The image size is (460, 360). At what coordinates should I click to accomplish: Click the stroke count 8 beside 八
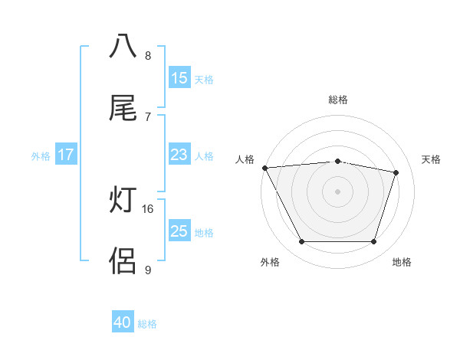148,55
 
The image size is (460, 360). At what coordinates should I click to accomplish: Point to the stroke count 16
149,208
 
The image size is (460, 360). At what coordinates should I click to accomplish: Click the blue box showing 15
179,78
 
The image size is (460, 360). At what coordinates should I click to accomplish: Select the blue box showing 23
179,155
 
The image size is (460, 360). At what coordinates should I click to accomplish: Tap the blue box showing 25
179,231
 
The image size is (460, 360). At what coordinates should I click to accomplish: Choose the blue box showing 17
66,155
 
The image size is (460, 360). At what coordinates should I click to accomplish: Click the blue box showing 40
123,323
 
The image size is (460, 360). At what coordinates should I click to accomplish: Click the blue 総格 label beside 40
147,324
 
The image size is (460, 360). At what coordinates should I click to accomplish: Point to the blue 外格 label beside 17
41,155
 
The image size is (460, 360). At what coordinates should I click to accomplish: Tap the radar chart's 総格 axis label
337,100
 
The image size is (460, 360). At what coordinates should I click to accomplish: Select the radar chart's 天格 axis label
432,159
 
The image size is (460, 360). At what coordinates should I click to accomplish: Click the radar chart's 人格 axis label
245,159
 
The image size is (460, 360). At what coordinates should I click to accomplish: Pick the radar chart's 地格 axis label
402,262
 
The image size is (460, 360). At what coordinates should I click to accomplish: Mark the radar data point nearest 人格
264,168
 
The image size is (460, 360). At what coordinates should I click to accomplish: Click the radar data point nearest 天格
396,172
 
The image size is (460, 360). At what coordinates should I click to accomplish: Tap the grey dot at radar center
337,191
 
